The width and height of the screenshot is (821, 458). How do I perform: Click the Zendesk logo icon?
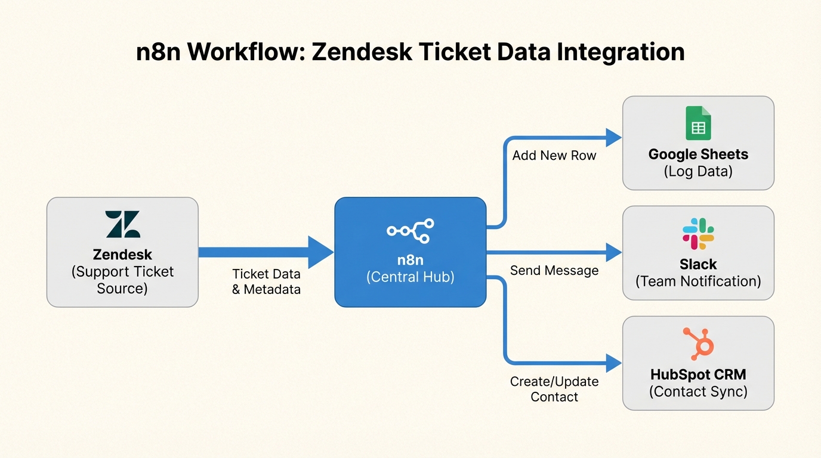click(x=122, y=224)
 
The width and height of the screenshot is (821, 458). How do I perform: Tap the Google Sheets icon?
click(x=698, y=123)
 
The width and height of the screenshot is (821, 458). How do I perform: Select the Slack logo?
click(x=698, y=234)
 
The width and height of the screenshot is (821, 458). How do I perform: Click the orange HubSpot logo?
click(x=699, y=344)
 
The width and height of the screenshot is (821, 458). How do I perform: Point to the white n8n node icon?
click(x=410, y=231)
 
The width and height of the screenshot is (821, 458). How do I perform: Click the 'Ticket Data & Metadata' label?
click(x=266, y=282)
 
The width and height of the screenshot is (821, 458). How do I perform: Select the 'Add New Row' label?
click(x=554, y=156)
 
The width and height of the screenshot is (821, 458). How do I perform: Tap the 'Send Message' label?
click(x=554, y=271)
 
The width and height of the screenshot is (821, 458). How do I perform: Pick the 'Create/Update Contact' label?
click(x=554, y=389)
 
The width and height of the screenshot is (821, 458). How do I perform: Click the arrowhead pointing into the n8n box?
click(x=320, y=252)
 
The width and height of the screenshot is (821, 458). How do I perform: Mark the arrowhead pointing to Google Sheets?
click(x=613, y=137)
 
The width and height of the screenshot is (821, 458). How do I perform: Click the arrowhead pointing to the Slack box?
click(x=613, y=252)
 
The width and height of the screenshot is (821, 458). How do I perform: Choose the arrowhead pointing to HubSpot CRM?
click(x=613, y=363)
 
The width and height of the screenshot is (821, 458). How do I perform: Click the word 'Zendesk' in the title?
click(x=362, y=52)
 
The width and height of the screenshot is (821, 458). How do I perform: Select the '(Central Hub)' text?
click(x=410, y=277)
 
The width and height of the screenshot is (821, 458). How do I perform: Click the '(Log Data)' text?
click(x=698, y=171)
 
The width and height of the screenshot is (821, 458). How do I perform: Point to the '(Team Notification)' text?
click(x=698, y=281)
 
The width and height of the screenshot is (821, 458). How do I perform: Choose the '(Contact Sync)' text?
click(x=698, y=391)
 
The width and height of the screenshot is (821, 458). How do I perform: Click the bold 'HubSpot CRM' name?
click(x=698, y=375)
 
